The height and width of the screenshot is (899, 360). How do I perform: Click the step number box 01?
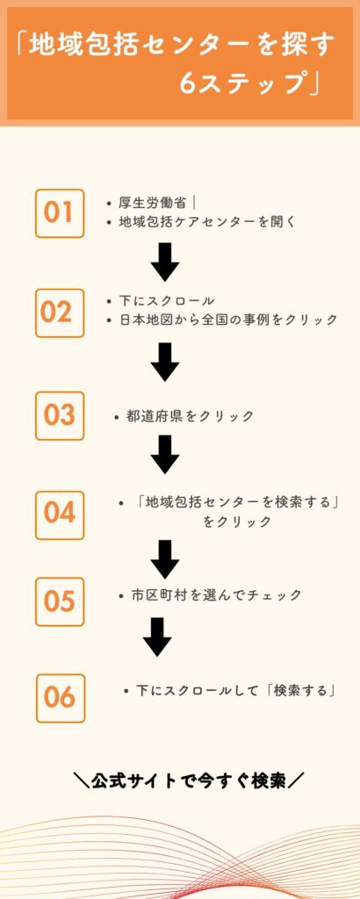click(x=60, y=213)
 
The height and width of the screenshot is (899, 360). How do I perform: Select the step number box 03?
click(x=60, y=415)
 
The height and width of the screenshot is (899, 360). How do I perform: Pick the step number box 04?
click(x=60, y=514)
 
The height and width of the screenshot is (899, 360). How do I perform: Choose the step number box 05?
click(x=60, y=601)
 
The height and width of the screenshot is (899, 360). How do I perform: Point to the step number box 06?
click(x=61, y=698)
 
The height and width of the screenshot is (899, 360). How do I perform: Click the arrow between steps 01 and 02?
click(x=165, y=262)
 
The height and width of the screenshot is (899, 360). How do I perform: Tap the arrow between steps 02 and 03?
click(x=165, y=362)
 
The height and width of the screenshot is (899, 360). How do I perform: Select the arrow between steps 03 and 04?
click(x=165, y=454)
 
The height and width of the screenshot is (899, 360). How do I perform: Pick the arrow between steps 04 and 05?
click(x=165, y=559)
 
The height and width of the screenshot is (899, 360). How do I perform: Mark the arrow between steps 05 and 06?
click(x=158, y=636)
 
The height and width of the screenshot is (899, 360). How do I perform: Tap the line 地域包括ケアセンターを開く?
click(x=207, y=222)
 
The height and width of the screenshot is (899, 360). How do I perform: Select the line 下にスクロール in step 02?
click(x=166, y=301)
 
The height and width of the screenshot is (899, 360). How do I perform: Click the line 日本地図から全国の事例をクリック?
click(x=228, y=320)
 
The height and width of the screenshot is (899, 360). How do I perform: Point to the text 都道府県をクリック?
click(x=191, y=416)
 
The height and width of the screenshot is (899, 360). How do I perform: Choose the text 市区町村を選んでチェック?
click(x=216, y=596)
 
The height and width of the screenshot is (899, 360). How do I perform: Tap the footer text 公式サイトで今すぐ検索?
click(x=189, y=780)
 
